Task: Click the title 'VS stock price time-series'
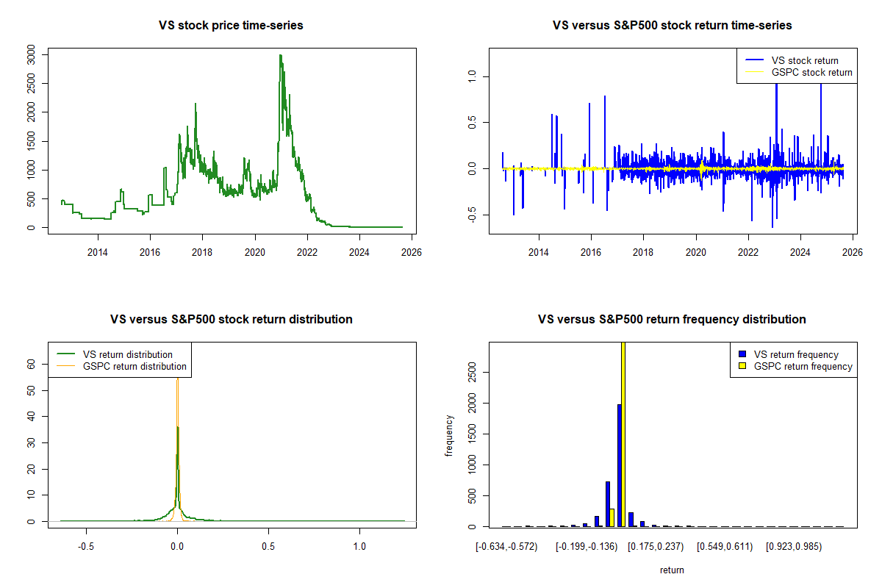click(231, 26)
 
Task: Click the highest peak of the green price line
click(280, 55)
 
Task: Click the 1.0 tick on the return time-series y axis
click(472, 76)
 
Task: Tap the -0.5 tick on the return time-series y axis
click(472, 214)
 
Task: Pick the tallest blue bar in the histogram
click(620, 465)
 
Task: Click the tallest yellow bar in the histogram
click(624, 434)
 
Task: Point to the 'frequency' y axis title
click(449, 436)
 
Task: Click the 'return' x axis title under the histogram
click(672, 570)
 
